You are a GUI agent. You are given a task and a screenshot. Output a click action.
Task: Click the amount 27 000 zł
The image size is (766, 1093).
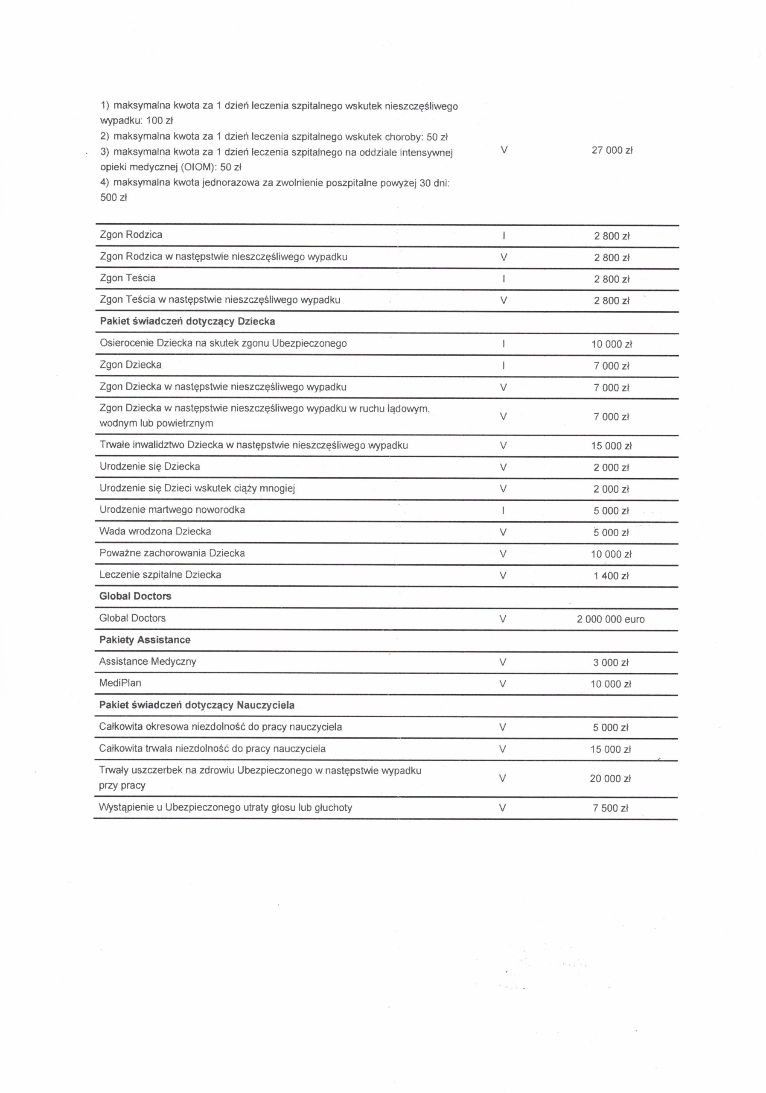[x=612, y=150]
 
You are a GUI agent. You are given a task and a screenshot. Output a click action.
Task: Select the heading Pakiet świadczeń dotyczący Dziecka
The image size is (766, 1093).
[x=187, y=321]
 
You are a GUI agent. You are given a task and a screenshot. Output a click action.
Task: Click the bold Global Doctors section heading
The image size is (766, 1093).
[x=135, y=596]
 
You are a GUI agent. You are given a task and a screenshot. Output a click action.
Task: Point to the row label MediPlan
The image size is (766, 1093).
[x=120, y=683]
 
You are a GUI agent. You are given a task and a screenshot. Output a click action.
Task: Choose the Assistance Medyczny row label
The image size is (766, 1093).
[x=148, y=661]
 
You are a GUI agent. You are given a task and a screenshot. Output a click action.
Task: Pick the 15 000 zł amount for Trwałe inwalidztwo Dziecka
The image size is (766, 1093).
[x=612, y=446]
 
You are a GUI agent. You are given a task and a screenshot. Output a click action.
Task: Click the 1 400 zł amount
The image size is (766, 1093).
[x=611, y=576]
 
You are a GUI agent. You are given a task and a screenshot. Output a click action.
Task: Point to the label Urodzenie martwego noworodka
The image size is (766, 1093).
[x=172, y=510]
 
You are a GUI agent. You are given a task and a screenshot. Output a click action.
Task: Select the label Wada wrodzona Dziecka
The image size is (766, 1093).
[x=155, y=531]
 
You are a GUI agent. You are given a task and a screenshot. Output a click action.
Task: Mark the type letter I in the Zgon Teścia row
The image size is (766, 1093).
[x=504, y=279]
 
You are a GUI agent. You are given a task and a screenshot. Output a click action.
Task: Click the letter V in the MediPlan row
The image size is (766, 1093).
[x=502, y=684]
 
